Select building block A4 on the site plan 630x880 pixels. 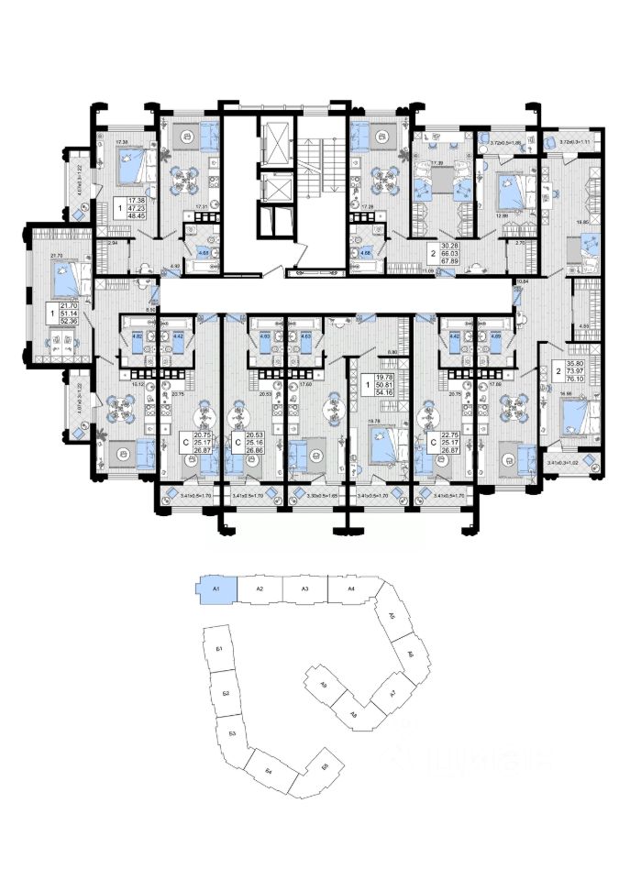(350, 588)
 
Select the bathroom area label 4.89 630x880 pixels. (496, 337)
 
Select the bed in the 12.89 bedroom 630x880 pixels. (507, 191)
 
